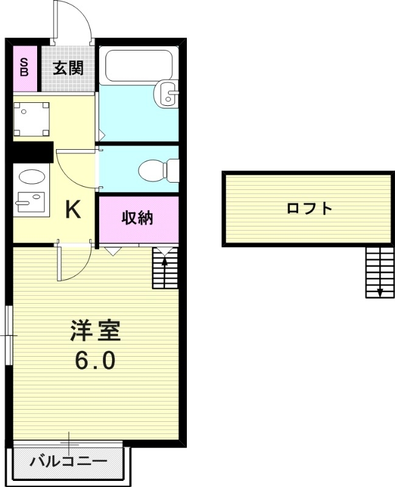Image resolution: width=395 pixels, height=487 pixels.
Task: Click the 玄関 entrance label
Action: pos(68,68)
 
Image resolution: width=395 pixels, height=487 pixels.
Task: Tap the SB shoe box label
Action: pos(24,68)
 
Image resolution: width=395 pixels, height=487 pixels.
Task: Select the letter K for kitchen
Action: pos(73,210)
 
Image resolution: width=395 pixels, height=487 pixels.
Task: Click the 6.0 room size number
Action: pos(95,362)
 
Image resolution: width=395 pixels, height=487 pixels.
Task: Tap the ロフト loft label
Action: pos(310,209)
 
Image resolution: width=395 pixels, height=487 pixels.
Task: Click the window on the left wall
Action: pos(9,335)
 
